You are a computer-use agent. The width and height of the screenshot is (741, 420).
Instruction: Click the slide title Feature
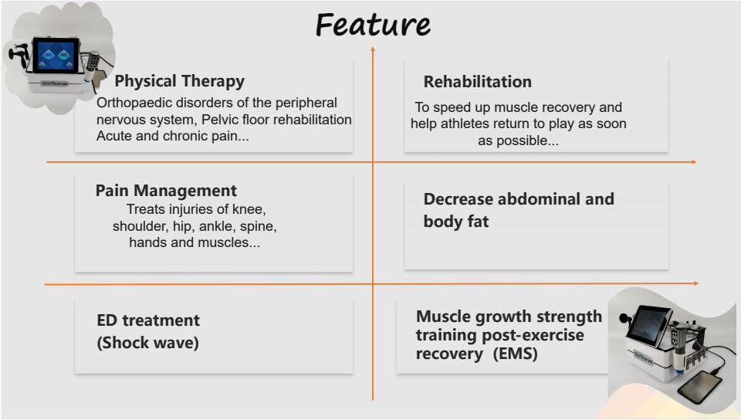tap(373, 25)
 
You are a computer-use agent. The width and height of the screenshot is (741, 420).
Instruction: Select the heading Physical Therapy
tap(179, 81)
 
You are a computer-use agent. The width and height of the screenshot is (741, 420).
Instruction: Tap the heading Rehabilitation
tap(477, 82)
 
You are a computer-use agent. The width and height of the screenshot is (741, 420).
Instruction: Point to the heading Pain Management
tap(166, 191)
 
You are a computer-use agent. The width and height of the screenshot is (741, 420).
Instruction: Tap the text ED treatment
tap(148, 320)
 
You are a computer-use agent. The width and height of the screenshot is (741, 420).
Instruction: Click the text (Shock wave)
tap(148, 343)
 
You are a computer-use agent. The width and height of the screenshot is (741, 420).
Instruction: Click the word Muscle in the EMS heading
tap(441, 317)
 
